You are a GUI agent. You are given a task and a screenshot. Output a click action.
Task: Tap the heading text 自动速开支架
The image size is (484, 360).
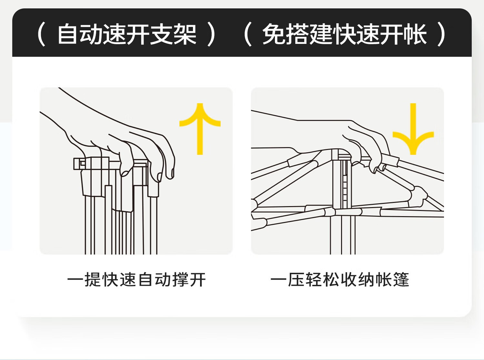click(127, 34)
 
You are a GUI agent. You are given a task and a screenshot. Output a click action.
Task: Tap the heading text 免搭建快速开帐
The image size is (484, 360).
click(344, 34)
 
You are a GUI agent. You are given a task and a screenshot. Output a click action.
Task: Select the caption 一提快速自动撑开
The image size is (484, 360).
click(136, 279)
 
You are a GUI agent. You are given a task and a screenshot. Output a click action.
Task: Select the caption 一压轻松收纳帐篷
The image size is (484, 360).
click(340, 279)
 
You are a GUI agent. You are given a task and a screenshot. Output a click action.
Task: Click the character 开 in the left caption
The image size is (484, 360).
click(197, 279)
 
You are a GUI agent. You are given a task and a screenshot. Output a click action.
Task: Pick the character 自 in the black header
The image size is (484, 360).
click(68, 34)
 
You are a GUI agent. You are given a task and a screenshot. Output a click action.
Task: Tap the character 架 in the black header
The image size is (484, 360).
click(185, 34)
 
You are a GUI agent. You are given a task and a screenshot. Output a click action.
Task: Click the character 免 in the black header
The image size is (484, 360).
click(274, 34)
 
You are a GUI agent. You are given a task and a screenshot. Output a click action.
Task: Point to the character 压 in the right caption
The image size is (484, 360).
click(296, 279)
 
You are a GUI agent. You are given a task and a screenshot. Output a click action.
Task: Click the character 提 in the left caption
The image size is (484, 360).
click(93, 279)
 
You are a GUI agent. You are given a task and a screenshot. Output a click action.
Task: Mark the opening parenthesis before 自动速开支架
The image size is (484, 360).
click(41, 34)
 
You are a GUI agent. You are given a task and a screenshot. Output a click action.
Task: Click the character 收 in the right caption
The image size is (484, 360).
click(348, 279)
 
